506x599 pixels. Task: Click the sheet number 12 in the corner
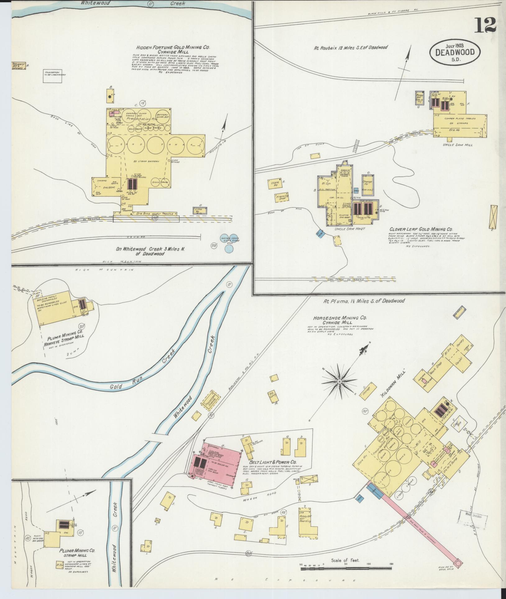485,25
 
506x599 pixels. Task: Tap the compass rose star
339,381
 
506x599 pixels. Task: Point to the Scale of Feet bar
345,569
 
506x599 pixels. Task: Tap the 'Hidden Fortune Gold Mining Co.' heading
173,48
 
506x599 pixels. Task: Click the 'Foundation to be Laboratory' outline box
52,76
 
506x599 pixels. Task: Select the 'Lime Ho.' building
198,210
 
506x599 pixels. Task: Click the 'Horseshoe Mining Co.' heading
340,318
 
